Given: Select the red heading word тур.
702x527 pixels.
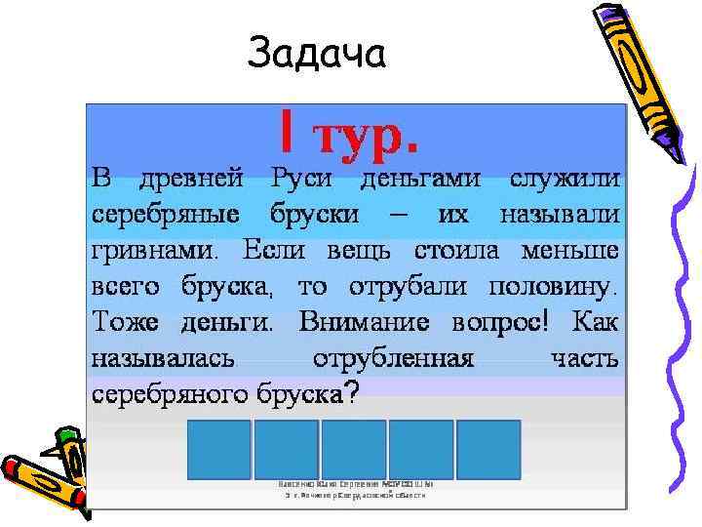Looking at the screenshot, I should (x=363, y=134).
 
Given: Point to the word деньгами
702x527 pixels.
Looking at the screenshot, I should (x=420, y=180).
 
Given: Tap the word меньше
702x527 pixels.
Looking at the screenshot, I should (x=569, y=251).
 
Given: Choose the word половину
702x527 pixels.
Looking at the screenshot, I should (x=551, y=287).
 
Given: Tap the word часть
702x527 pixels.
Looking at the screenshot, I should (x=584, y=358).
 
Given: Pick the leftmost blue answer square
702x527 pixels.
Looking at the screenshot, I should (x=217, y=449).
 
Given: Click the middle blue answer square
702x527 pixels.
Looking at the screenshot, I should (x=353, y=449).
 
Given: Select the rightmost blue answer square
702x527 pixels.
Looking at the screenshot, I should (x=488, y=449).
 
